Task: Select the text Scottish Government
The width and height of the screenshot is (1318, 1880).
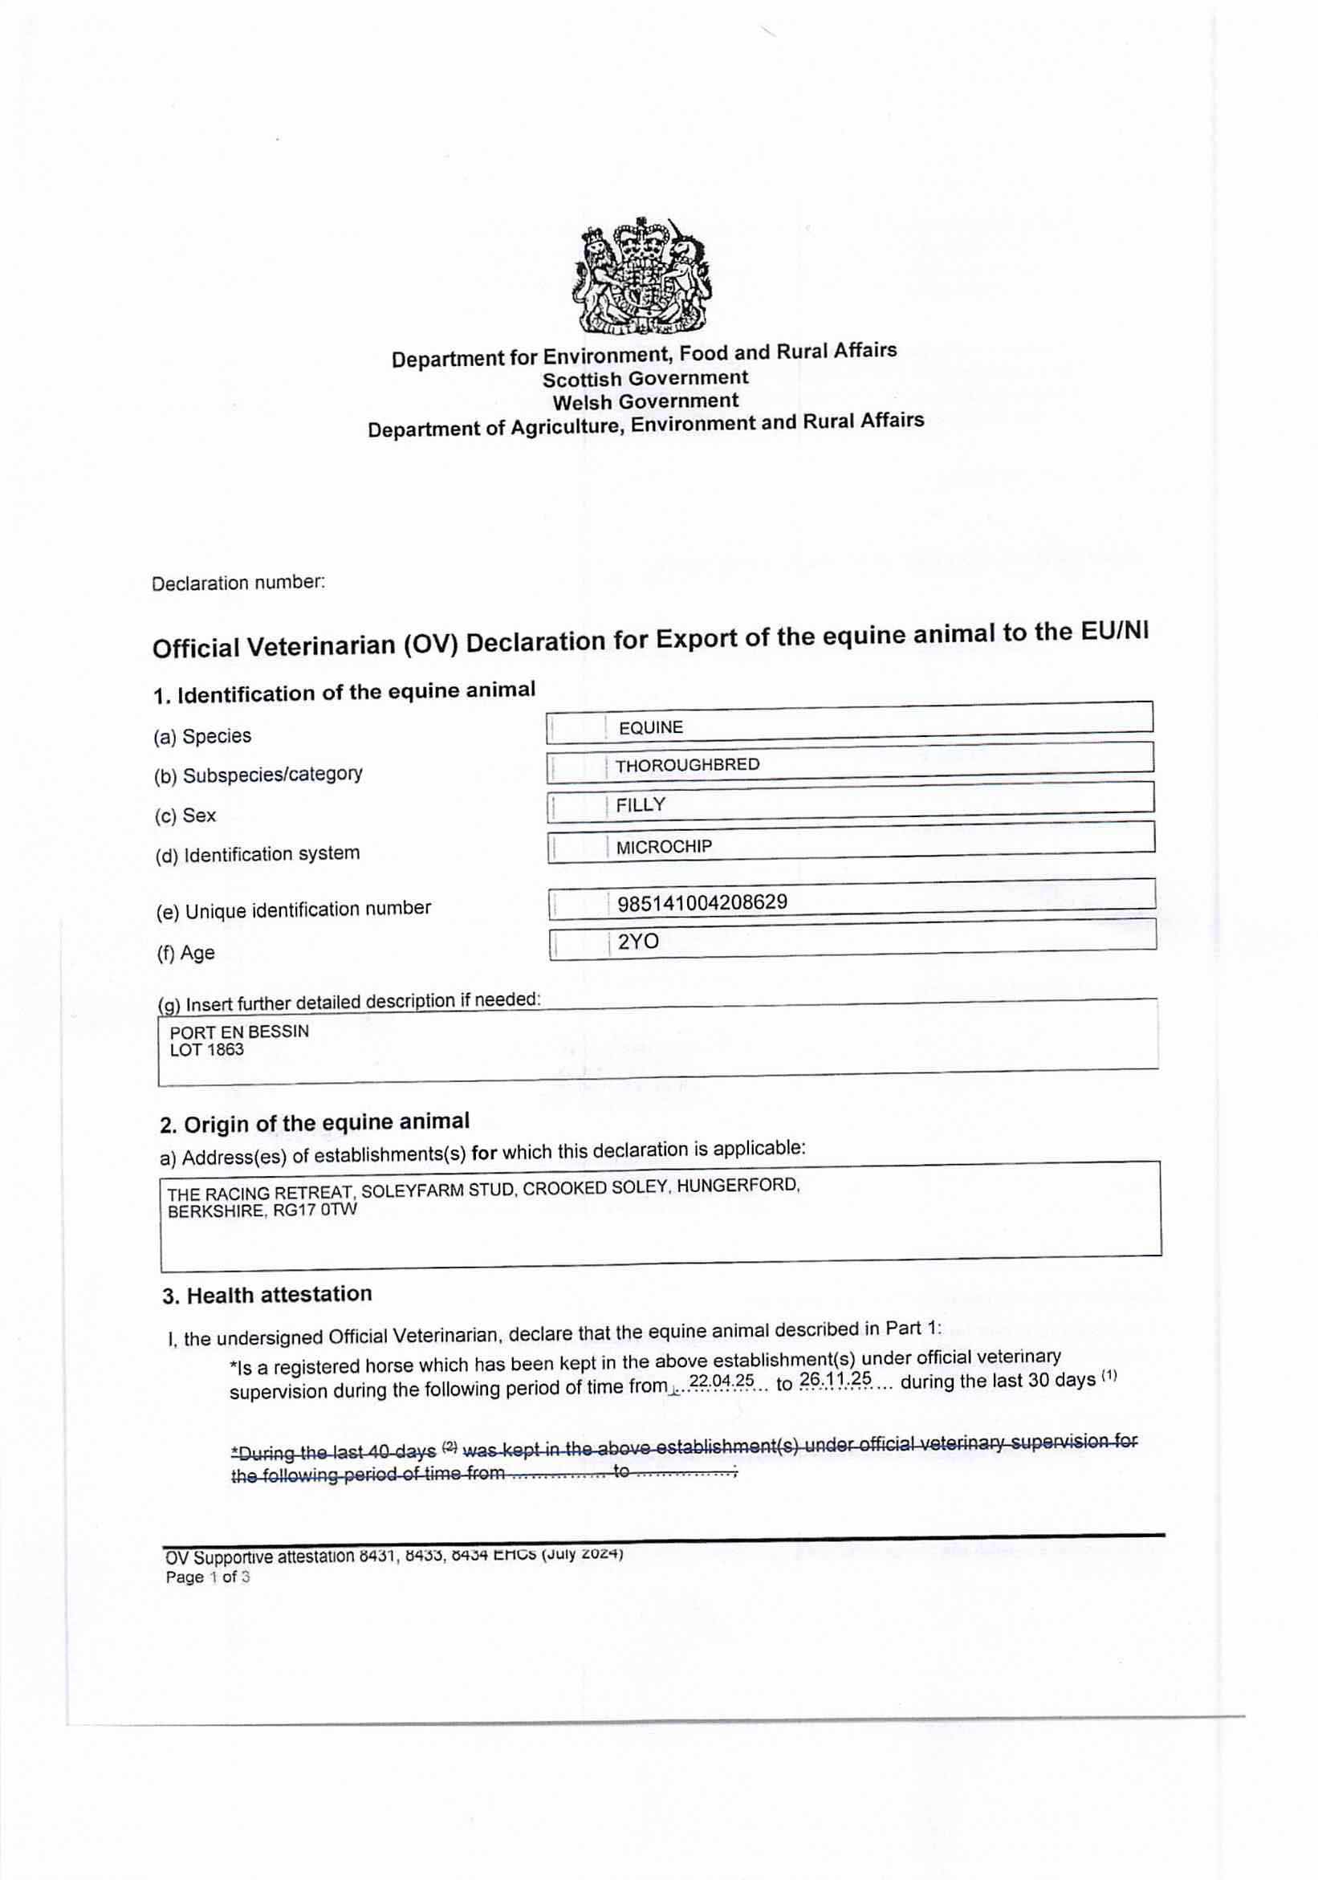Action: [x=645, y=378]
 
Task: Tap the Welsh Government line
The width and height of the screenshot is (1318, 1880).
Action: [x=645, y=401]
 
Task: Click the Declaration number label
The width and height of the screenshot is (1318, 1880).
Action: [x=238, y=583]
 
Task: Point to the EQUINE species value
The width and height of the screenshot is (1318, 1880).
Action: [x=651, y=727]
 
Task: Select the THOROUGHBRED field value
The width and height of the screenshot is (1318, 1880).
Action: [x=688, y=765]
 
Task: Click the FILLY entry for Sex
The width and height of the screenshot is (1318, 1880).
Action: [x=641, y=805]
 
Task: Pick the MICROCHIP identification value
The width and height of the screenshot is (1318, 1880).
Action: [x=664, y=847]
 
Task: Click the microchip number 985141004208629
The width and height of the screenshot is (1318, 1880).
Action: [x=702, y=902]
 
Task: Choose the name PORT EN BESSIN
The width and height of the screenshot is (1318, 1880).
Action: [x=239, y=1032]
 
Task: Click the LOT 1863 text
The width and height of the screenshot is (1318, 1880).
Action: [x=206, y=1050]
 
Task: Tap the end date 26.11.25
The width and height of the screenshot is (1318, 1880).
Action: [x=835, y=1379]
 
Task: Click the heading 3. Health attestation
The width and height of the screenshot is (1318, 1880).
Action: [x=266, y=1295]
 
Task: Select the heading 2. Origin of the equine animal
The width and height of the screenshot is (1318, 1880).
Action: [x=315, y=1122]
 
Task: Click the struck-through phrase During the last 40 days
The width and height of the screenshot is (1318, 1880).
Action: [x=335, y=1453]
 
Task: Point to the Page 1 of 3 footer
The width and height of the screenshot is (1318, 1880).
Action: [x=208, y=1577]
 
